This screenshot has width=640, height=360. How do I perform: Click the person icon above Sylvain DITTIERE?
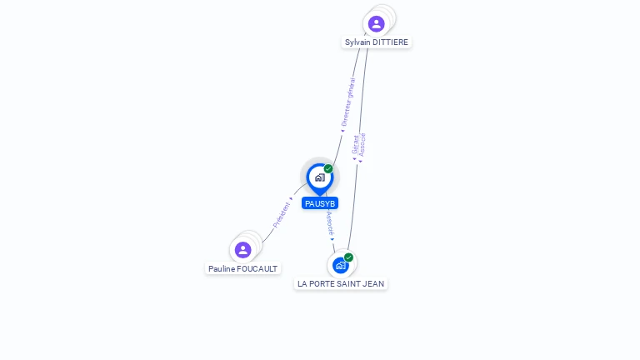[377, 23]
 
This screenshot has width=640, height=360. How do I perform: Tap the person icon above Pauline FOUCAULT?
[242, 250]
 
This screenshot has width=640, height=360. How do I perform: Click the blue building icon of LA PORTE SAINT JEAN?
[340, 266]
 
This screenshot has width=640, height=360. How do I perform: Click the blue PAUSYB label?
[320, 203]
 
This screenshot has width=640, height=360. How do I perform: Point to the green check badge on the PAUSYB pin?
[328, 168]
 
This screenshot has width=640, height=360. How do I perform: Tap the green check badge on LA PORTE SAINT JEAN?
[348, 257]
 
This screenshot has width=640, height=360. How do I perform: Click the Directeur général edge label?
[348, 102]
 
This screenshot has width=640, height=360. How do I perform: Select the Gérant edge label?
[356, 145]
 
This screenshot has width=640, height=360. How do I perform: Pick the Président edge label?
[281, 215]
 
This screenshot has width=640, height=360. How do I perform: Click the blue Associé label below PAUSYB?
[330, 223]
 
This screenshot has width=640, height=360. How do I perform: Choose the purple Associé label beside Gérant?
[362, 145]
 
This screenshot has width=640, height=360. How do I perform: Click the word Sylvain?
[357, 42]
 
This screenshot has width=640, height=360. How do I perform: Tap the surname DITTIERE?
[390, 42]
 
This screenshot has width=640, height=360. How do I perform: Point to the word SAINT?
[347, 284]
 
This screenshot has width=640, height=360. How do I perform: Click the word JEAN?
[373, 284]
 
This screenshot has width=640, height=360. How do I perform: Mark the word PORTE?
[321, 284]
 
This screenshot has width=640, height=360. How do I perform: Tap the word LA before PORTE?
[302, 284]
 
